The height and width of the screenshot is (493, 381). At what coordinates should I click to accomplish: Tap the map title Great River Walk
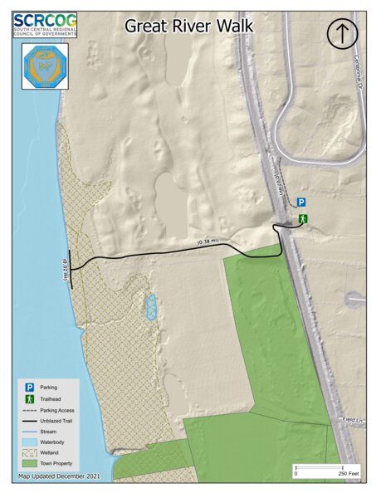[x=189, y=27]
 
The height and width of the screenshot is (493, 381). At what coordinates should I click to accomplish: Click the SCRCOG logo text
[x=45, y=20]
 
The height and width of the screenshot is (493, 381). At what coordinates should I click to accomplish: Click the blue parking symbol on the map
[x=302, y=202]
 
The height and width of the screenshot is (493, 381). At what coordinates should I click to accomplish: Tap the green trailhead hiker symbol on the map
[x=304, y=218]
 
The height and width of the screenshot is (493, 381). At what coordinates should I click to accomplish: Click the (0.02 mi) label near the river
[x=64, y=270]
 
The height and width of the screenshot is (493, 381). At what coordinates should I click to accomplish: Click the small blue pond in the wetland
[x=151, y=308]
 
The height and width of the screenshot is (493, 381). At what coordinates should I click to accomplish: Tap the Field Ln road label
[x=352, y=421]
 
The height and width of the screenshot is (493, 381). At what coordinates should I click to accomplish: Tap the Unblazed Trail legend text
[x=56, y=421]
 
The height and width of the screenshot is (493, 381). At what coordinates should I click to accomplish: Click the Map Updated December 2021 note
[x=60, y=477]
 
